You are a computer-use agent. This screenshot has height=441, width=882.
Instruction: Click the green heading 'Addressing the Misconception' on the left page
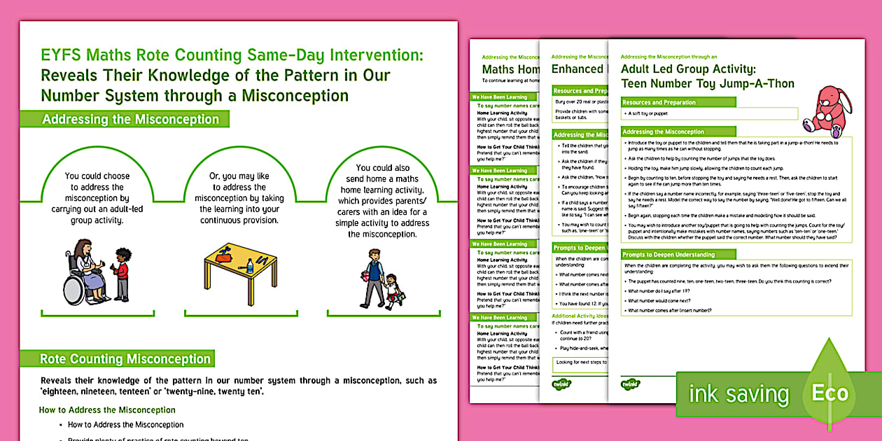[130, 119]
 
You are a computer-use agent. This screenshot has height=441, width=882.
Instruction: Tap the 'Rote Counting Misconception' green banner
[125, 359]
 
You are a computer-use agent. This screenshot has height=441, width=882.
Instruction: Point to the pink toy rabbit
[826, 108]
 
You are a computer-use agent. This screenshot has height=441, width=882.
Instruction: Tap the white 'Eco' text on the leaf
[829, 393]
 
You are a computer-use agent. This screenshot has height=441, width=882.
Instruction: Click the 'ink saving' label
[738, 394]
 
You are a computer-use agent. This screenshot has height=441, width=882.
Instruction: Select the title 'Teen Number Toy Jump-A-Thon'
[707, 84]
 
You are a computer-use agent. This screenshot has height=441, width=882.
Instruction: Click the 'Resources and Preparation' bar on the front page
[659, 102]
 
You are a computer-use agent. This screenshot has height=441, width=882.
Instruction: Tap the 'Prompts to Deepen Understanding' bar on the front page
[668, 255]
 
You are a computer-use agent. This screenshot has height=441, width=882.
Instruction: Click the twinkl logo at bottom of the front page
[630, 383]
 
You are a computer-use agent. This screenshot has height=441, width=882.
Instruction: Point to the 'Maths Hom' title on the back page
[510, 69]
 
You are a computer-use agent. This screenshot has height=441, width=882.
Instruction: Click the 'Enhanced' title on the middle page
[577, 69]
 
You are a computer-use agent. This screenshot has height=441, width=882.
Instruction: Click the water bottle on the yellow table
[250, 266]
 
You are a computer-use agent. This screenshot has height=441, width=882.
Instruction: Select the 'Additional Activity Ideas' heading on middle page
[578, 316]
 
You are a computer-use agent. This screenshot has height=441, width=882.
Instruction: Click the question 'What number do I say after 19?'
[663, 290]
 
